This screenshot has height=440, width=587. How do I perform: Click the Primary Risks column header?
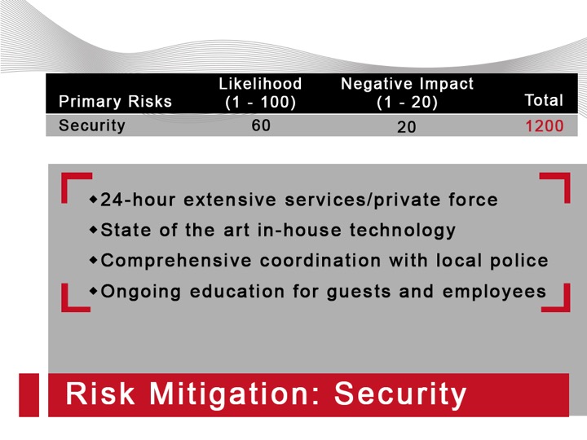tap(115, 101)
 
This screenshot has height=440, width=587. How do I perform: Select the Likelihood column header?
tap(261, 92)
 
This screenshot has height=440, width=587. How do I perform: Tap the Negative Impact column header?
tap(407, 92)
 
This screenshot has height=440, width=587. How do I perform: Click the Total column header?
tap(544, 100)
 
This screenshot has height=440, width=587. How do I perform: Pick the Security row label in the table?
tap(91, 125)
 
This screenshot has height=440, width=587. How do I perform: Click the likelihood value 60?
tap(261, 125)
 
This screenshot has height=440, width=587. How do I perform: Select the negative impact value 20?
tap(406, 127)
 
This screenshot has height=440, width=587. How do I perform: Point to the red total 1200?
tap(545, 126)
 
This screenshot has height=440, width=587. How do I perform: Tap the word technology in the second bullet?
tap(403, 231)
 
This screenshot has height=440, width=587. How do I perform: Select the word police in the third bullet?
tap(519, 261)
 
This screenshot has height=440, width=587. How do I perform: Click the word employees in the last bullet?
tap(494, 292)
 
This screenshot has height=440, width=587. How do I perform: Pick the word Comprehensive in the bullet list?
tap(176, 261)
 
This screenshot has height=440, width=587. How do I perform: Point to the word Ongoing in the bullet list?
tap(141, 292)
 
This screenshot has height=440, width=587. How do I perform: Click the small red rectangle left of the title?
tap(29, 394)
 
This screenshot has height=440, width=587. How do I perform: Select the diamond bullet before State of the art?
tap(94, 230)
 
